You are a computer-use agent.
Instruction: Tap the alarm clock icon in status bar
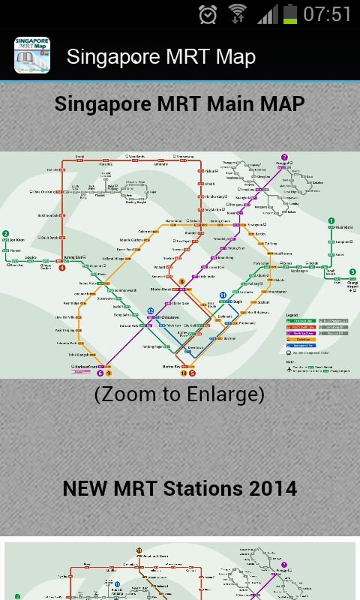208,14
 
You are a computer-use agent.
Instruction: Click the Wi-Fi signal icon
238,14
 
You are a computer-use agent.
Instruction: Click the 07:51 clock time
328,14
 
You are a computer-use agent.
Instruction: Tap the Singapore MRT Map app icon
32,56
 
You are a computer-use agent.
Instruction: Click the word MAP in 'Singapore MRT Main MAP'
282,103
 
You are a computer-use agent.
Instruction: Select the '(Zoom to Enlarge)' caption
179,394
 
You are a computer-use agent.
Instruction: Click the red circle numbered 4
62,266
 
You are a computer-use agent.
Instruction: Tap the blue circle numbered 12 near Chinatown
151,310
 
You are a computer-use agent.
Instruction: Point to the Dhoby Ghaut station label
163,288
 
